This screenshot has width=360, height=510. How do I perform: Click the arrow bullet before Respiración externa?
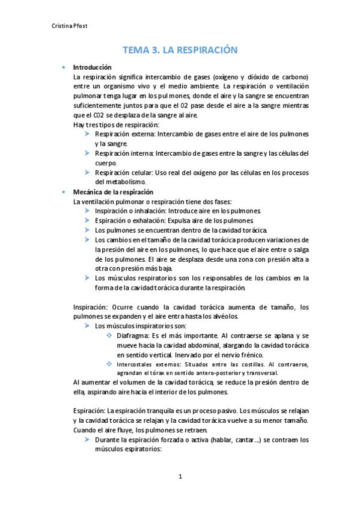coord(88,134)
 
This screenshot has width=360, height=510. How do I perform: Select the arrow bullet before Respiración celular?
coord(88,173)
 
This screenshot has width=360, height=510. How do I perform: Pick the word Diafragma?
coord(133,334)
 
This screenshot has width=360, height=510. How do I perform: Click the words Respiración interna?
coord(123,153)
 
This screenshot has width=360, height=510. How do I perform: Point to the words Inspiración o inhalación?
coord(129,211)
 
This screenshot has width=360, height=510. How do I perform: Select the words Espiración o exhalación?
coord(128,221)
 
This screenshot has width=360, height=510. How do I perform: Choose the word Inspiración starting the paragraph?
coord(90,306)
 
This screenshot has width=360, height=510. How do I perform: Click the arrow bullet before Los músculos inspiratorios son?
coord(88,325)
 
